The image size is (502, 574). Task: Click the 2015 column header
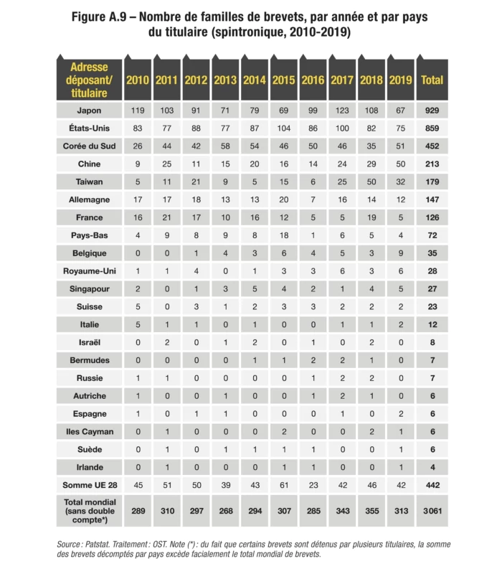(x=283, y=80)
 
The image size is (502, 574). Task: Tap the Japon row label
(x=89, y=110)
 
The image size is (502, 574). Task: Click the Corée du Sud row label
(x=89, y=146)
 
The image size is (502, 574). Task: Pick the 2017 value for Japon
(x=342, y=110)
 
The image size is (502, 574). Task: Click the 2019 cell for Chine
(x=400, y=164)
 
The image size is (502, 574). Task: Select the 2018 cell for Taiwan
(x=371, y=182)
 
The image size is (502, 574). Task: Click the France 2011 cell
(x=166, y=217)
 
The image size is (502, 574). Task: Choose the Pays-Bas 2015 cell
(x=283, y=235)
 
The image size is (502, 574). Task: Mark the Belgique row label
(x=89, y=253)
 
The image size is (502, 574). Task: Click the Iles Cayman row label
(x=89, y=431)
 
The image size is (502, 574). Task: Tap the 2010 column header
(x=137, y=80)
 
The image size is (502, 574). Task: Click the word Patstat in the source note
(x=103, y=545)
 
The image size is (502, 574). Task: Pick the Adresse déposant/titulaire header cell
(x=89, y=80)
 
